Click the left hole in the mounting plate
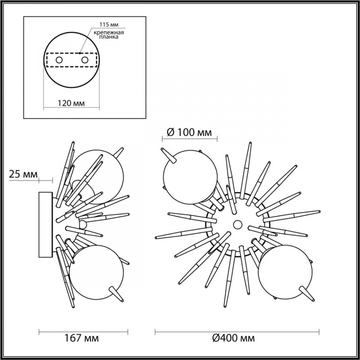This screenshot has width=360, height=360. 59,59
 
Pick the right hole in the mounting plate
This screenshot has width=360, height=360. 84,59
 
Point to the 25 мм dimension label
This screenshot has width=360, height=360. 20,174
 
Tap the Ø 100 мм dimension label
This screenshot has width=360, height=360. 189,132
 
